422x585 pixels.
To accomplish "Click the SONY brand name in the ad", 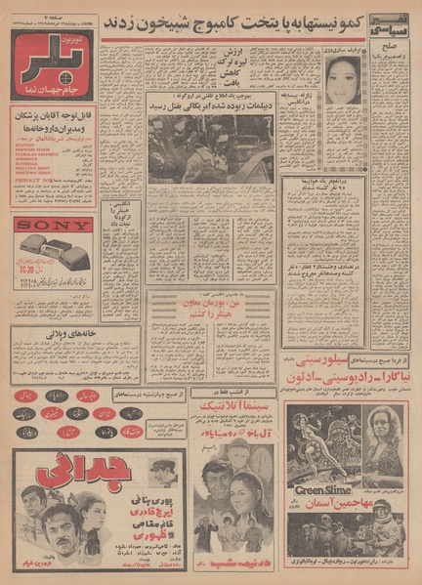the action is coord(55,224).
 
